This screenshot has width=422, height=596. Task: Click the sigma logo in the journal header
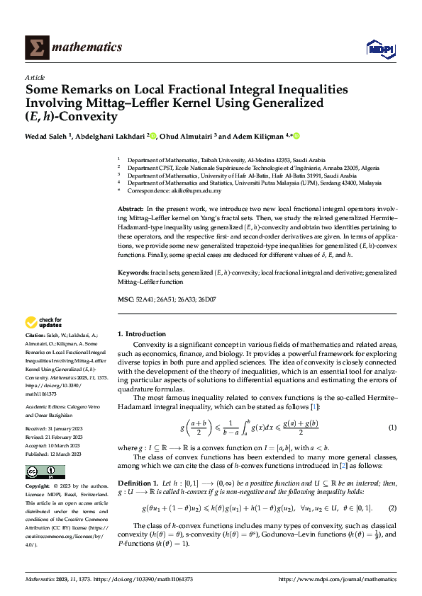35,47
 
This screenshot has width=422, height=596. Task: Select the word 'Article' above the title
35,77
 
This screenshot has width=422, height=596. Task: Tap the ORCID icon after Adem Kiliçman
296,136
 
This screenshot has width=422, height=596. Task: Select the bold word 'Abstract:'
131,211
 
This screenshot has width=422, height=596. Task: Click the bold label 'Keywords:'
133,273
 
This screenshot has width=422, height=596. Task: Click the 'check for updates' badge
44,323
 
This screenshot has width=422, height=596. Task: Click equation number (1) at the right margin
392,428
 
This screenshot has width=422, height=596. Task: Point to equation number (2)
392,508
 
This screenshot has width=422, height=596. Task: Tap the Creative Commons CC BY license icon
45,472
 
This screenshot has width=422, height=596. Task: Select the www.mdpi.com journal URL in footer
338,579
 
